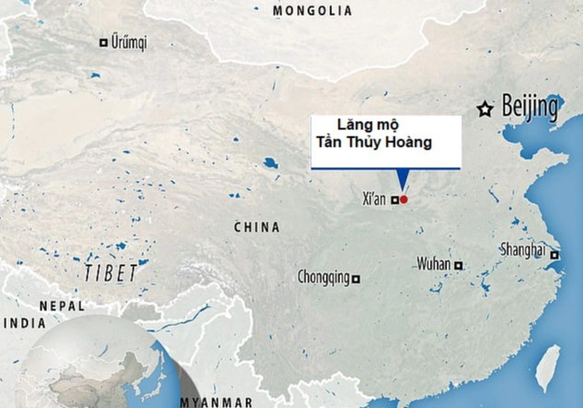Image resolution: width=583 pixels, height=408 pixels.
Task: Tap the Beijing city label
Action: point(530,108)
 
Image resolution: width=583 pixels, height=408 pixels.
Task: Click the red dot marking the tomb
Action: point(403,198)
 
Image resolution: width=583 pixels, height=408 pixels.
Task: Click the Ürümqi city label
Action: point(129,42)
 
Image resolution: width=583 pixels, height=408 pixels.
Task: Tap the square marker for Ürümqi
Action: point(103,42)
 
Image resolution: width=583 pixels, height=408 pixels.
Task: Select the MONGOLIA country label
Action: point(313,10)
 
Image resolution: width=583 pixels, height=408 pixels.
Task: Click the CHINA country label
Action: point(257,227)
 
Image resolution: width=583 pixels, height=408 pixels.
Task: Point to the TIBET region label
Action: point(110,272)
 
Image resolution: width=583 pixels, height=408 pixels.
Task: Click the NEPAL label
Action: point(62,306)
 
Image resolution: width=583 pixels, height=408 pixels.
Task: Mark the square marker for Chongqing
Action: point(357,278)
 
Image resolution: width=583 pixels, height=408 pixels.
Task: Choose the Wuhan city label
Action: point(434,264)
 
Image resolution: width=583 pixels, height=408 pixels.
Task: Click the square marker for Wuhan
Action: point(458,266)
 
